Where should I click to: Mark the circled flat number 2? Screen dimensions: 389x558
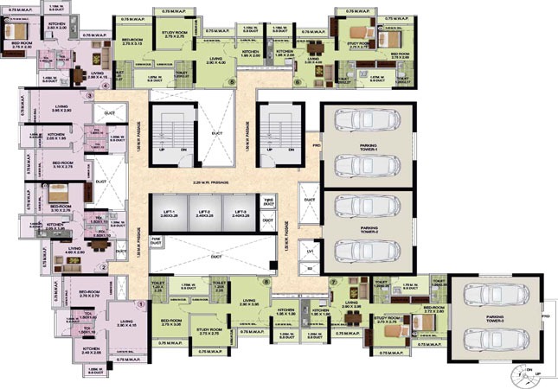click(x=104, y=267)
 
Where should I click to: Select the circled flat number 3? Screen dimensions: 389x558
click(x=89, y=95)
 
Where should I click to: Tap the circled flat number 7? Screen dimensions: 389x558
click(x=333, y=283)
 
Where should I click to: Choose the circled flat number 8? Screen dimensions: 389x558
click(x=266, y=282)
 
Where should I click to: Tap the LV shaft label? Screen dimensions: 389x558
click(x=309, y=252)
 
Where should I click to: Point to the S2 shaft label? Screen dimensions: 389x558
click(x=309, y=270)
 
